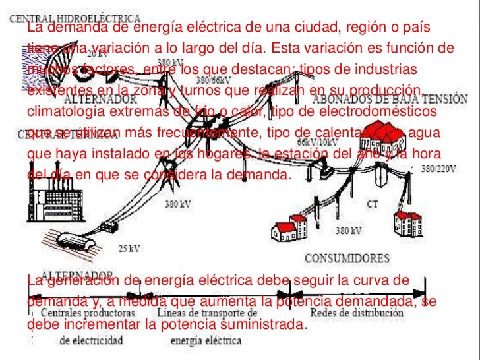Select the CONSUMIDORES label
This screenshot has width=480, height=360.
click(x=347, y=257)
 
